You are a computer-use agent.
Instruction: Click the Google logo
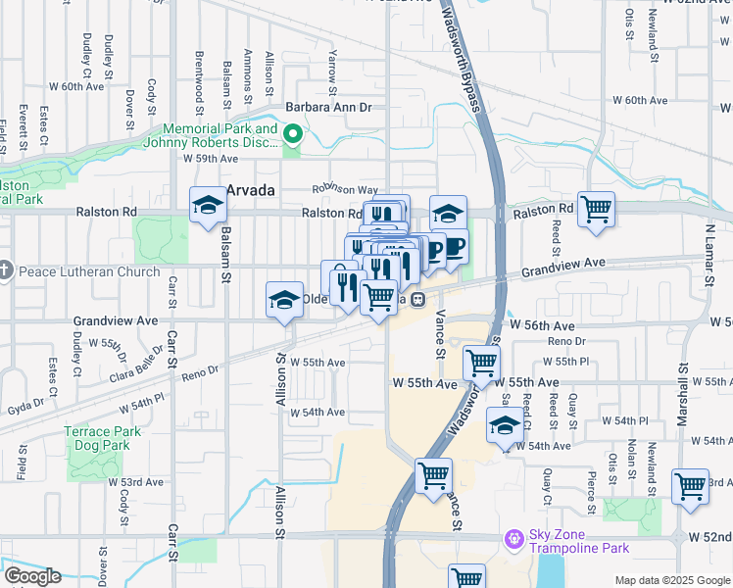31,576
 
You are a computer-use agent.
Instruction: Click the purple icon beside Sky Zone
513,538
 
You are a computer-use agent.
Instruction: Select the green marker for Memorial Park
292,133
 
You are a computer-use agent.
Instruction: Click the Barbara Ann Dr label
328,107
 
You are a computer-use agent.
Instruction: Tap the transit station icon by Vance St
417,299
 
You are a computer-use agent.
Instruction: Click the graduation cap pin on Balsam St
208,205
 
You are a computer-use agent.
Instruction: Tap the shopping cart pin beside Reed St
596,210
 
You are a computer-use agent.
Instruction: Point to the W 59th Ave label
210,158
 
